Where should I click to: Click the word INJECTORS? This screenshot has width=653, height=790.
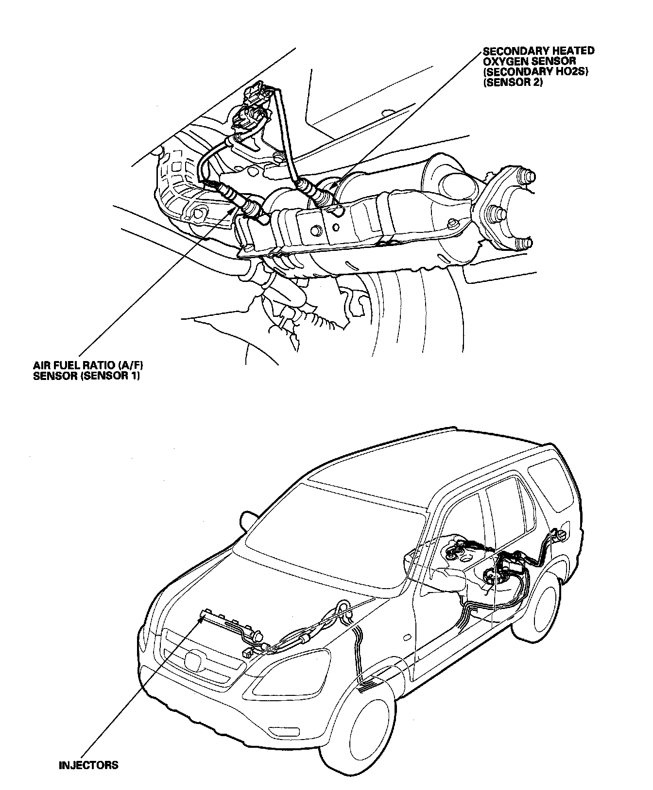(x=88, y=766)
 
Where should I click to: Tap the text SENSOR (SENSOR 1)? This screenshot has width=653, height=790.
(x=86, y=376)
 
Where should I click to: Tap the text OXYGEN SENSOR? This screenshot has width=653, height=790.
(x=529, y=62)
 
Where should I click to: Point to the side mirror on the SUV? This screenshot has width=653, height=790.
(x=248, y=518)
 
